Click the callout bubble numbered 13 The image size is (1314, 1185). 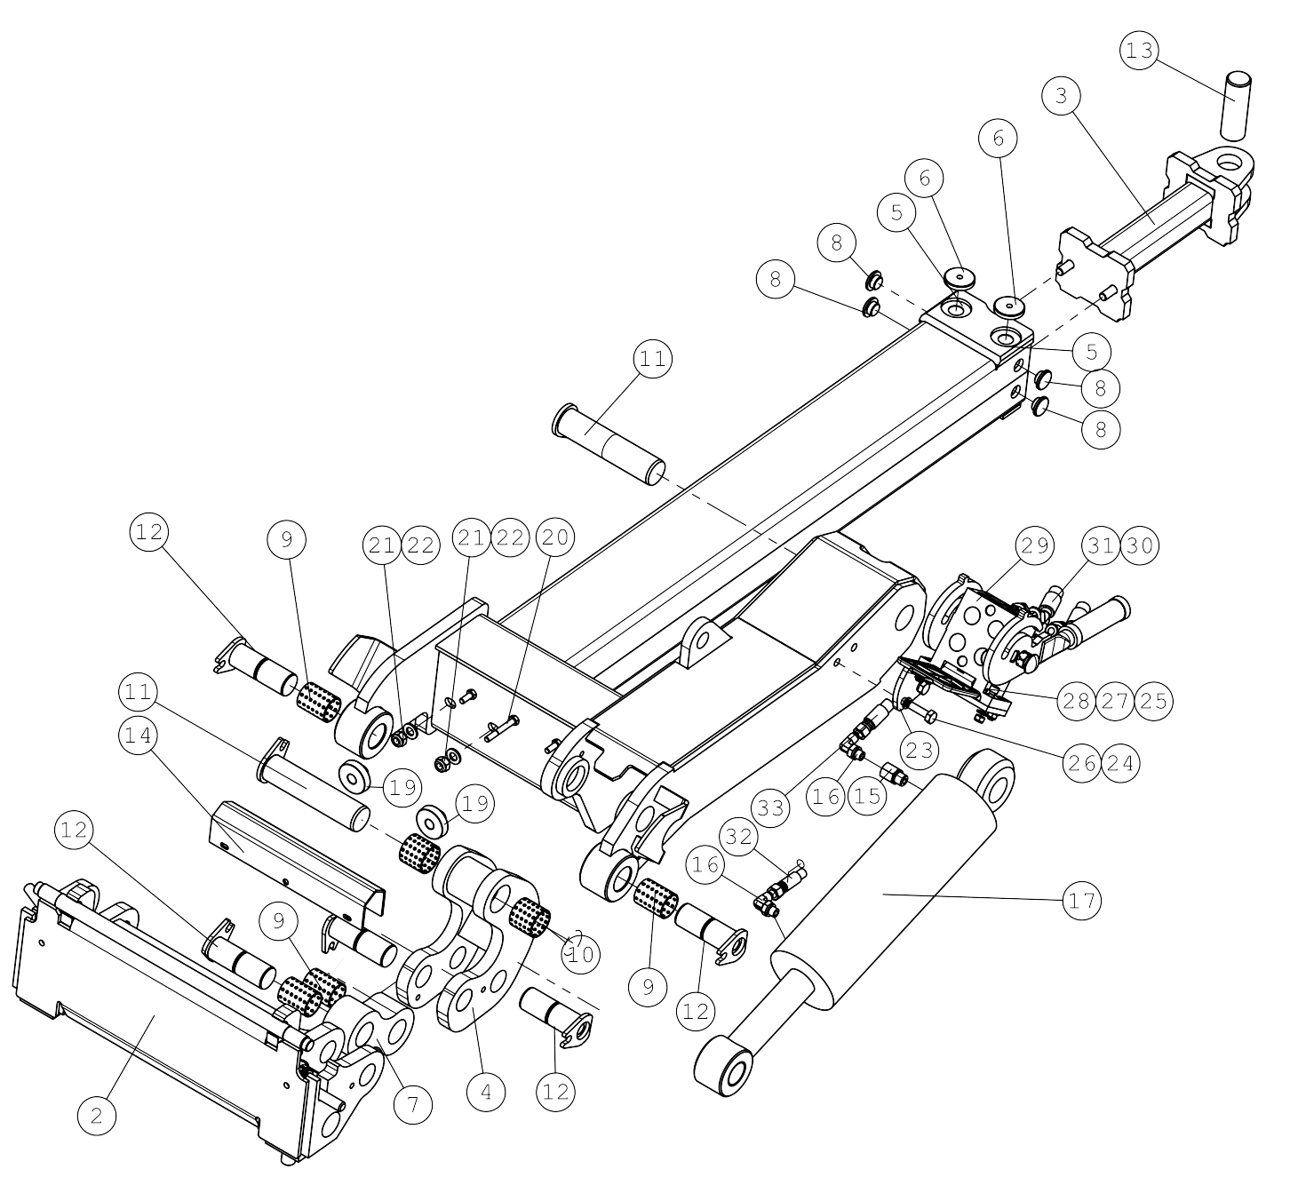click(1139, 51)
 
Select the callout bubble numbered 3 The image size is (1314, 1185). click(1061, 96)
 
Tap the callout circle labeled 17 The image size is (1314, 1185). click(1081, 902)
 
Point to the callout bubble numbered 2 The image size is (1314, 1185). click(96, 1116)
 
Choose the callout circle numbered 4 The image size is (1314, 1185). click(485, 1092)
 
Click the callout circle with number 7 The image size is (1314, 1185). click(412, 1104)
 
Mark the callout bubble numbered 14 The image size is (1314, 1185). click(139, 735)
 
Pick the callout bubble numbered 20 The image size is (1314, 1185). click(555, 537)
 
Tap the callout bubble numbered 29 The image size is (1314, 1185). click(1035, 545)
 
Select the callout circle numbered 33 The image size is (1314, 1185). click(770, 807)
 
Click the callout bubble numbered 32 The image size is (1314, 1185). click(739, 837)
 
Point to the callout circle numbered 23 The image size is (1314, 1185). click(919, 750)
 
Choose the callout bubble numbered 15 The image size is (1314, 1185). click(867, 796)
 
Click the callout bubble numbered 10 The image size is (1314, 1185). click(580, 954)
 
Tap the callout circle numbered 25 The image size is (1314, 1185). click(1153, 701)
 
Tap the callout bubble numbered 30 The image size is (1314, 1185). click(1139, 545)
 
